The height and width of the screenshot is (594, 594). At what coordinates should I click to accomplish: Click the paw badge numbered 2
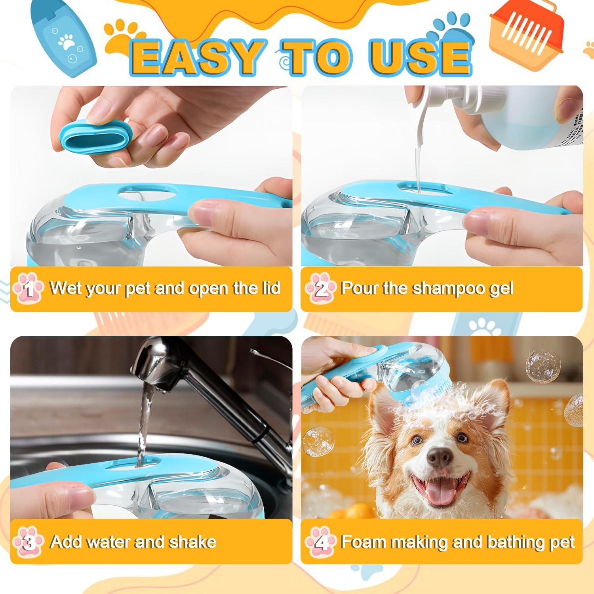[x=320, y=289]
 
